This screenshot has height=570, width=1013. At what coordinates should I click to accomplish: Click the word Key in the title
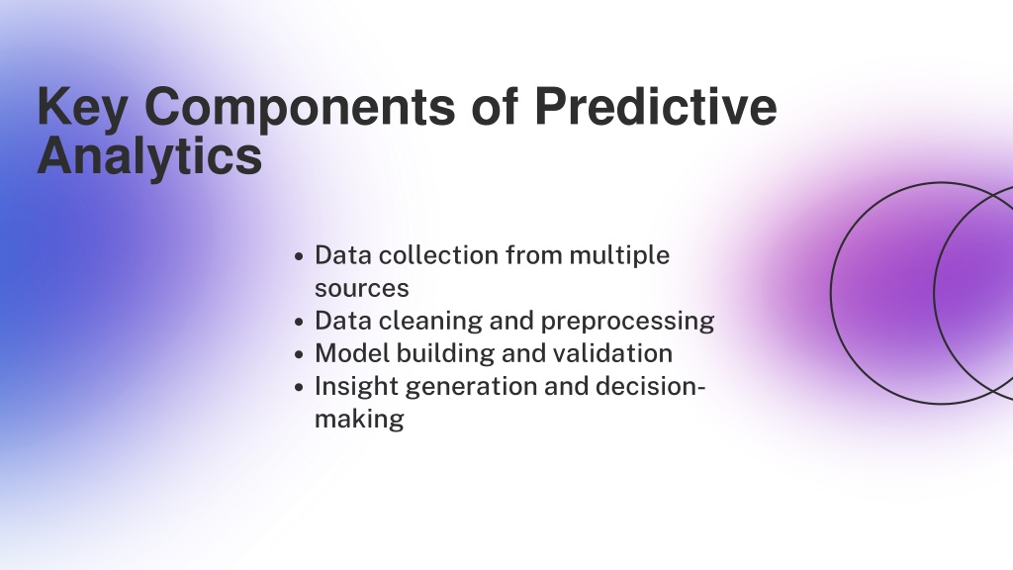(82, 108)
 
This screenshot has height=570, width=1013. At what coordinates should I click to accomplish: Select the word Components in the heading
(300, 108)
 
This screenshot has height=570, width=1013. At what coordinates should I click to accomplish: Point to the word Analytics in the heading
(150, 157)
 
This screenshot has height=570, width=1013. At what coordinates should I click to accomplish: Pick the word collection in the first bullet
(438, 255)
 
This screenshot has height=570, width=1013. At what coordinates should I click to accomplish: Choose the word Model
(352, 353)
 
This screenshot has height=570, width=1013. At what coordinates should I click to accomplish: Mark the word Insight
(356, 388)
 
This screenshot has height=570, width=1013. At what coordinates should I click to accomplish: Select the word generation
(471, 388)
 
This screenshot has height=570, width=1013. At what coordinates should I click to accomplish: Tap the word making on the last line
(359, 420)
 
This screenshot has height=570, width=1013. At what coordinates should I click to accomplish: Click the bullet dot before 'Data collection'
(299, 256)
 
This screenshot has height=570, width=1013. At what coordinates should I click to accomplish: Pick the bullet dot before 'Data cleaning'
(299, 322)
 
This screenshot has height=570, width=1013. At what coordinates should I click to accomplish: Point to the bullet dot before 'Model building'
(299, 355)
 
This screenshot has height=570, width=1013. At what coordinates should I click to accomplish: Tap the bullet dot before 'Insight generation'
(299, 388)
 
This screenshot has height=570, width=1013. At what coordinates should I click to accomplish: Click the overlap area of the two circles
(973, 293)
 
